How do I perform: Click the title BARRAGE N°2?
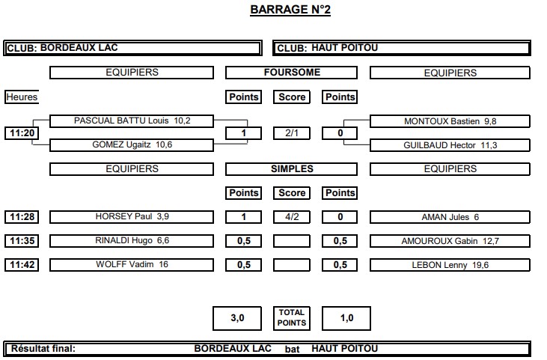(290, 10)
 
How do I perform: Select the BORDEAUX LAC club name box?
(132, 48)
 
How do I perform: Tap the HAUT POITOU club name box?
(402, 48)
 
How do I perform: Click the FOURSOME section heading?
(292, 73)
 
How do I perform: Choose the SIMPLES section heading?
(292, 169)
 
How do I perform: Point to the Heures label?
(22, 97)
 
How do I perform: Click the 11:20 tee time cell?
(22, 133)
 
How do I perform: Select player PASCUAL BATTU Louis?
(132, 121)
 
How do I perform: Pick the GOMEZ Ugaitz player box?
(132, 145)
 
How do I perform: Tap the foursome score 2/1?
(292, 133)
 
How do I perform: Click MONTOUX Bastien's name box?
(450, 121)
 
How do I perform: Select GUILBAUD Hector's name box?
(450, 145)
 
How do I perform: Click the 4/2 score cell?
(292, 217)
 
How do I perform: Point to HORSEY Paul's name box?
(132, 217)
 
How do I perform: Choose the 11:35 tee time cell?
(22, 241)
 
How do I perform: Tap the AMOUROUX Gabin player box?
(450, 241)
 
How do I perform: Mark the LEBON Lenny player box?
(450, 265)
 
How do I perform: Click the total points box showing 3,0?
(237, 318)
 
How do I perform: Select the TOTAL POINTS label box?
(292, 318)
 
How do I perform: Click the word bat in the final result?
(292, 350)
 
